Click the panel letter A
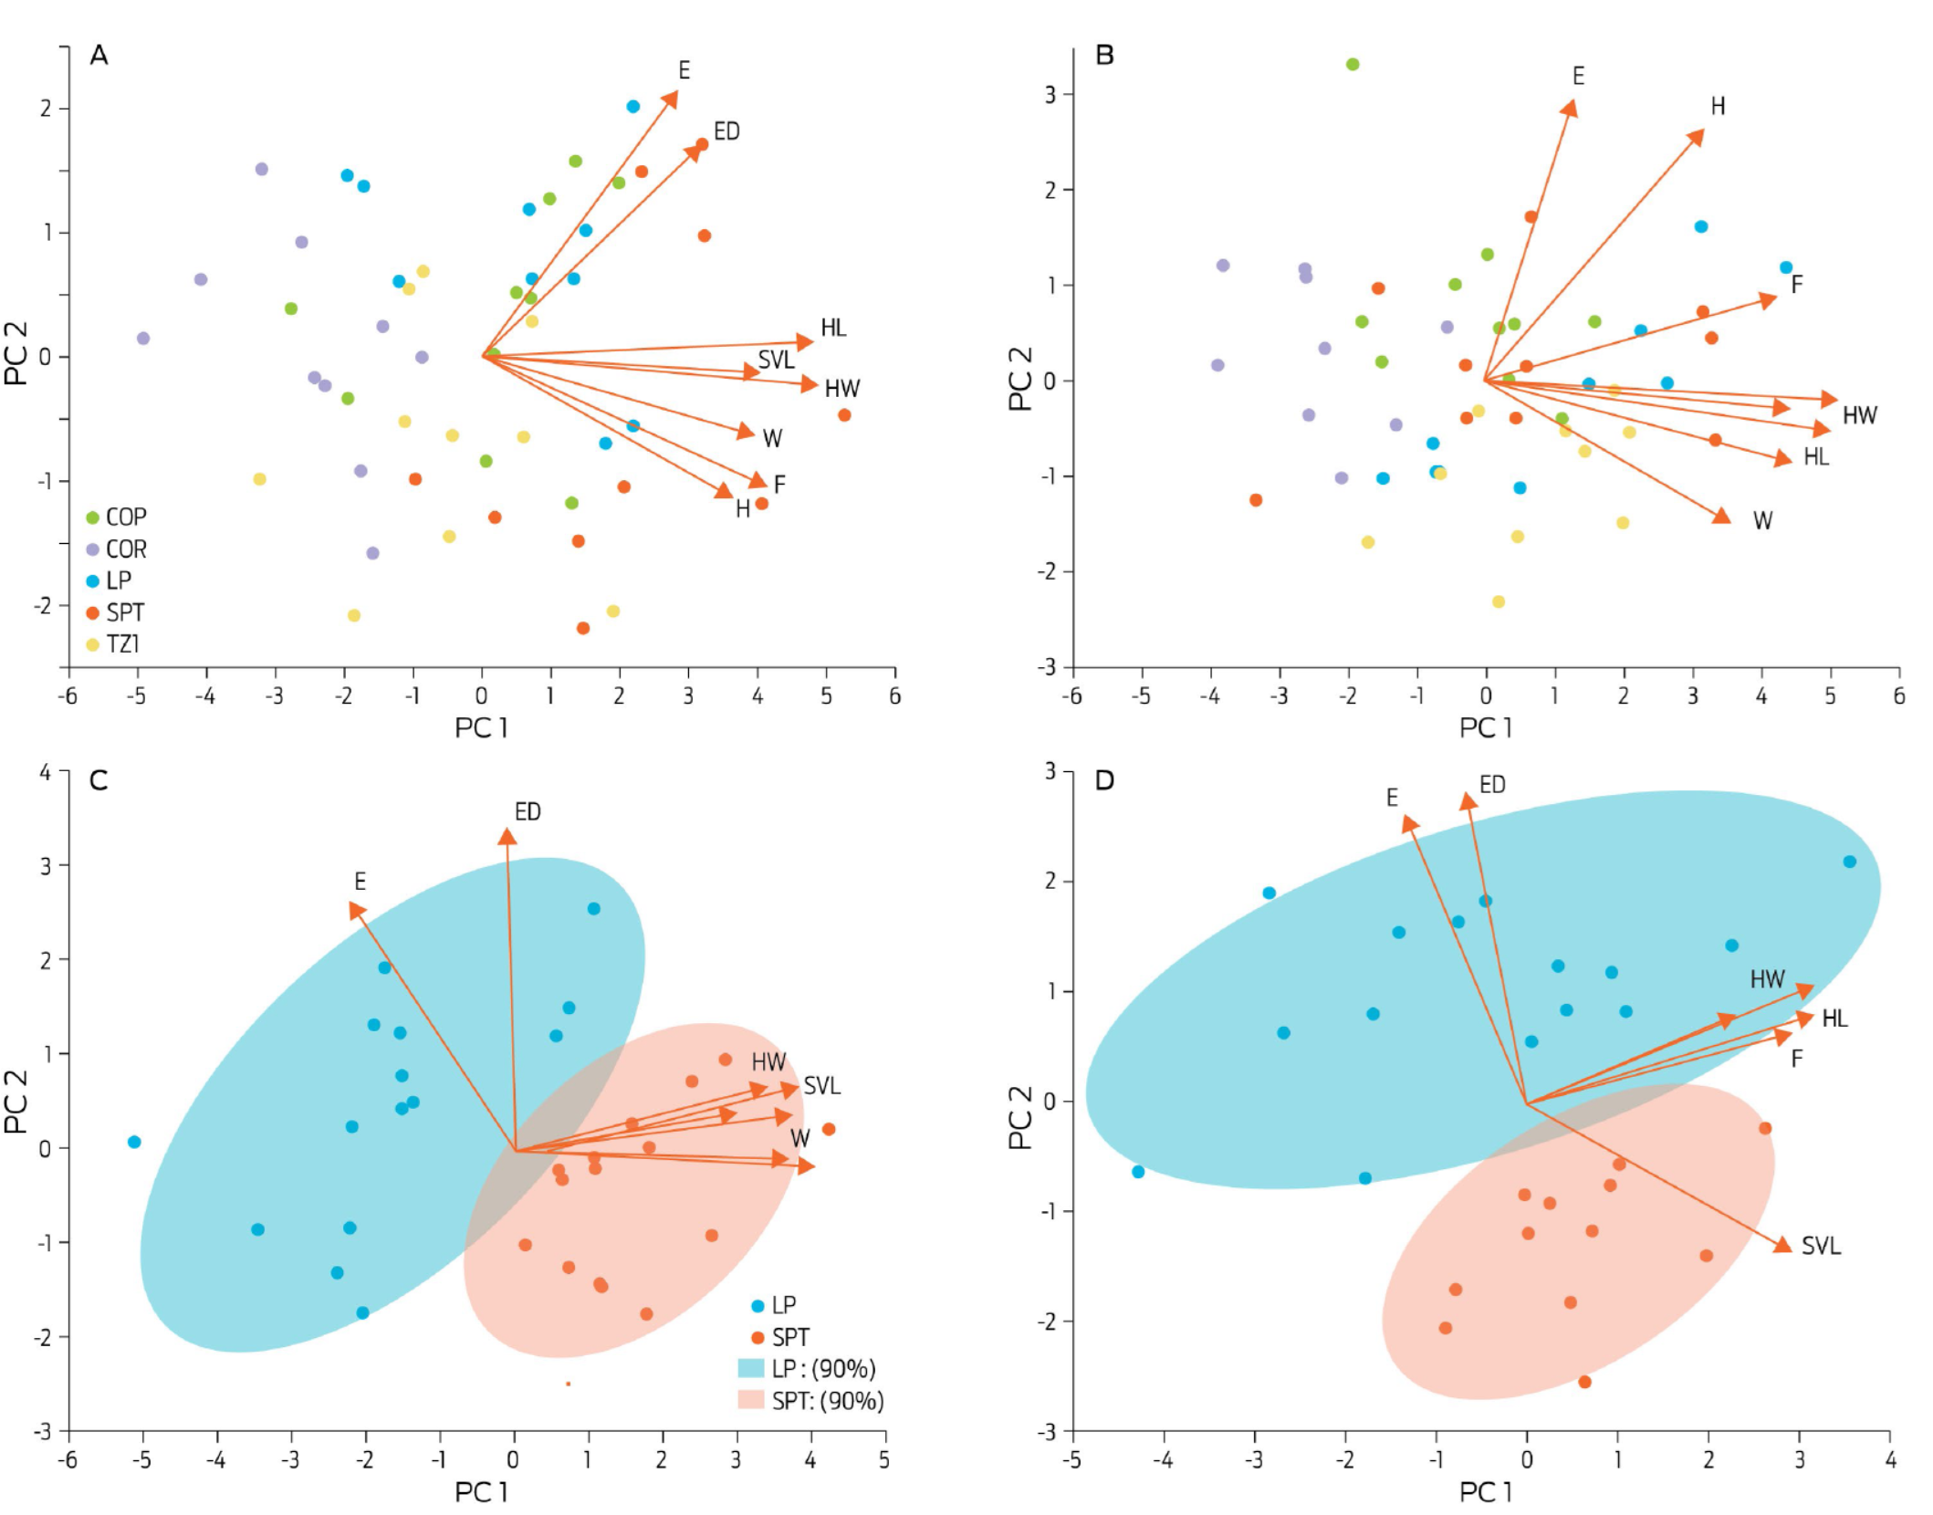click(x=99, y=56)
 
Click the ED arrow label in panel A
click(x=726, y=132)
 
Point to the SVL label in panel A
click(x=776, y=360)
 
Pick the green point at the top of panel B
click(x=1353, y=65)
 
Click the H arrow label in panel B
click(x=1718, y=107)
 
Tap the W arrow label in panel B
click(x=1762, y=521)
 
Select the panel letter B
click(x=1104, y=56)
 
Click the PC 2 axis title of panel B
click(x=1020, y=379)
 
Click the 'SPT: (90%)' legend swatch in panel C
click(x=751, y=1400)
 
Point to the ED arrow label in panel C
click(x=528, y=812)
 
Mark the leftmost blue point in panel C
click(x=134, y=1142)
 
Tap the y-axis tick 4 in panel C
click(x=46, y=772)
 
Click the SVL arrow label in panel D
click(x=1821, y=1247)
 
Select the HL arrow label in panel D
click(x=1834, y=1019)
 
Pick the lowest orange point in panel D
click(x=1584, y=1382)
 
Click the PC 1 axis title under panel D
click(x=1486, y=1492)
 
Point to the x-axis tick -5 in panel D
click(x=1072, y=1460)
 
